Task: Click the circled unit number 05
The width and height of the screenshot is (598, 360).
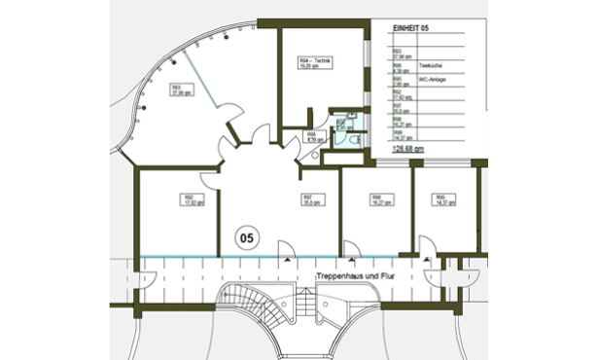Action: [x=247, y=234]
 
